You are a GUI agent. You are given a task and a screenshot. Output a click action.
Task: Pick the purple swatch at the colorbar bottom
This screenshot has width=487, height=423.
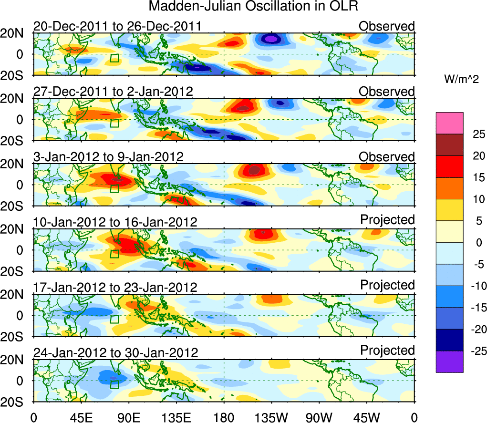(449, 361)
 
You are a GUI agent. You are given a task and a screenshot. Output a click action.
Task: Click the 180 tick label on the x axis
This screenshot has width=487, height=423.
(224, 417)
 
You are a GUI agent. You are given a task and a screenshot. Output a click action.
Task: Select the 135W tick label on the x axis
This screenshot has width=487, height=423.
(271, 417)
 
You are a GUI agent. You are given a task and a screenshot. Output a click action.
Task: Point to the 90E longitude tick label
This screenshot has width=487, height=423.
(128, 417)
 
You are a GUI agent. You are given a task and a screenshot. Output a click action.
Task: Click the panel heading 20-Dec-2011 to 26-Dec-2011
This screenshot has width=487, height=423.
(117, 26)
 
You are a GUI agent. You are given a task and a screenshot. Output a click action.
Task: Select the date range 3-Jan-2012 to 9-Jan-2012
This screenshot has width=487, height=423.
(108, 157)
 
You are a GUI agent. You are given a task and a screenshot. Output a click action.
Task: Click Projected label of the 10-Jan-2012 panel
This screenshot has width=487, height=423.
(387, 220)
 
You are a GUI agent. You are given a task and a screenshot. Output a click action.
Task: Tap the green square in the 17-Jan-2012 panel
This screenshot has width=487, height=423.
(114, 319)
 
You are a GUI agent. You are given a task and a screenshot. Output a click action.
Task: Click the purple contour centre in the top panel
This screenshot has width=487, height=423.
(270, 39)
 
